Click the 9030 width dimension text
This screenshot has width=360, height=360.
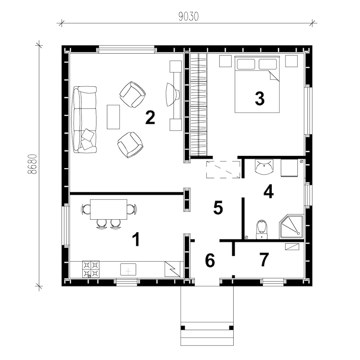click(189, 16)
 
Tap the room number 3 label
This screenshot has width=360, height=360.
click(260, 99)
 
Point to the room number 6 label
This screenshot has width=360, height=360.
click(210, 260)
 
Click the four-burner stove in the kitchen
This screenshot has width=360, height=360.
click(91, 269)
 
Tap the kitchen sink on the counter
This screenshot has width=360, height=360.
click(128, 269)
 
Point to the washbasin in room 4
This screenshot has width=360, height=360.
click(264, 167)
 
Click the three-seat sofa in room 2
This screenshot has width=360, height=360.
click(84, 120)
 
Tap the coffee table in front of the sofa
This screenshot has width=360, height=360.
click(113, 117)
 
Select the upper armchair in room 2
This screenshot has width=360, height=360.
click(132, 94)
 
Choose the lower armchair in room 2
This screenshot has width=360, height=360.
click(130, 145)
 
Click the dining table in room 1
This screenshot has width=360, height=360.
click(109, 210)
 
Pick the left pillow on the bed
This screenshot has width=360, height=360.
click(246, 64)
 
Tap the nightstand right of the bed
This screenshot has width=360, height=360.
click(291, 61)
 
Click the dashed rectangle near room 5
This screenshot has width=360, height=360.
click(223, 170)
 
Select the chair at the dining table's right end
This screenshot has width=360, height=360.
click(132, 209)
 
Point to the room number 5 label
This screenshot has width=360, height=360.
click(218, 208)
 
